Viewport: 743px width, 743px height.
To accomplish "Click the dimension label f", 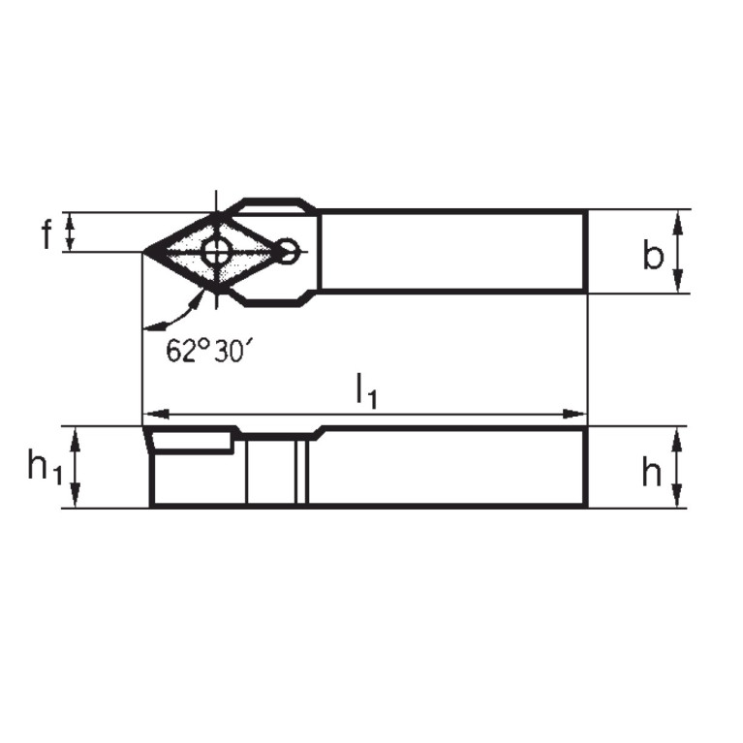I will pos(46,234).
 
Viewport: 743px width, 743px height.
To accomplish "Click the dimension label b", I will pos(654,255).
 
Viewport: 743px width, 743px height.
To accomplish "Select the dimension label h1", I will pos(45,469).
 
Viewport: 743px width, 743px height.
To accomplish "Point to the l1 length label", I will pos(365,390).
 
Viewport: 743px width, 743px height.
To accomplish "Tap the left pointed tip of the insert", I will pos(144,253).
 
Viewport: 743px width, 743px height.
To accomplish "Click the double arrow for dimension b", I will pos(679,251).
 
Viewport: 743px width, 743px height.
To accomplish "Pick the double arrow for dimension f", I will pos(71,232).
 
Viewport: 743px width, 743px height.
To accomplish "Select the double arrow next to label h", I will pos(678,468).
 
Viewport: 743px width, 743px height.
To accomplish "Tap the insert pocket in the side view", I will pos(192,442).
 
